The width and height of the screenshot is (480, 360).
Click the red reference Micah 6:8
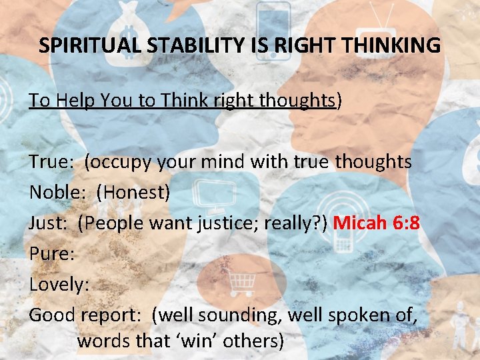click(x=376, y=222)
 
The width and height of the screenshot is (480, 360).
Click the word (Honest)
click(x=133, y=192)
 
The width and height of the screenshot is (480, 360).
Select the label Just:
click(x=48, y=222)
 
